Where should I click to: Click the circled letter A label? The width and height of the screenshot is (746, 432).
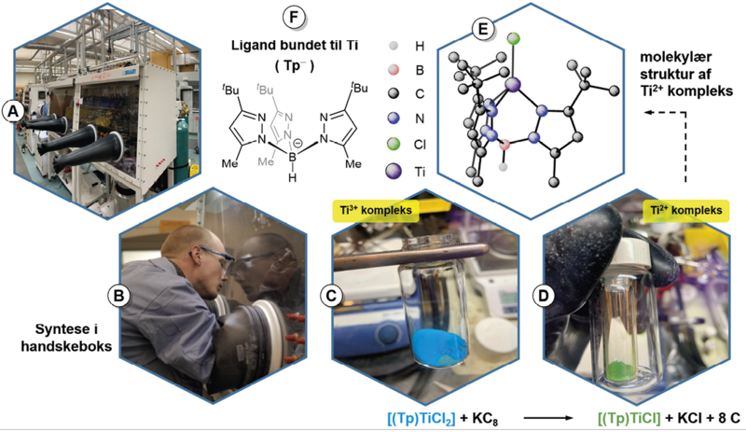coord(14,110)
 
